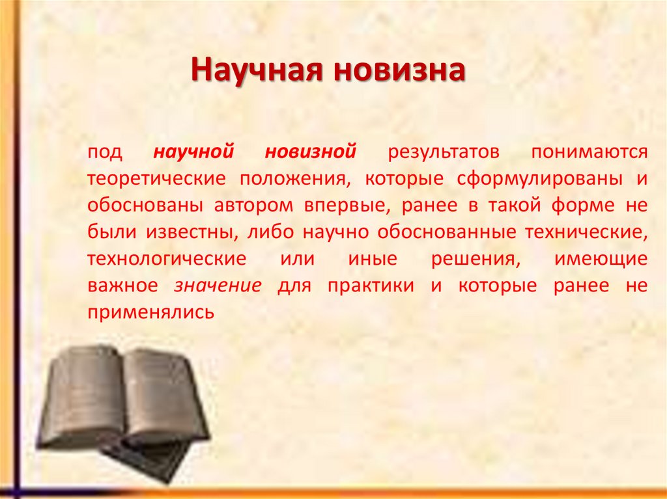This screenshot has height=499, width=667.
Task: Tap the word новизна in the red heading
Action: point(399,70)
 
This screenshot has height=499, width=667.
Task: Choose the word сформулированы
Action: point(527,179)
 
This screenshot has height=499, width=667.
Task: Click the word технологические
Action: point(166,259)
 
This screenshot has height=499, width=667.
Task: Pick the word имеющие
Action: point(601,259)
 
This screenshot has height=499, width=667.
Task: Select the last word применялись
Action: point(150,312)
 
